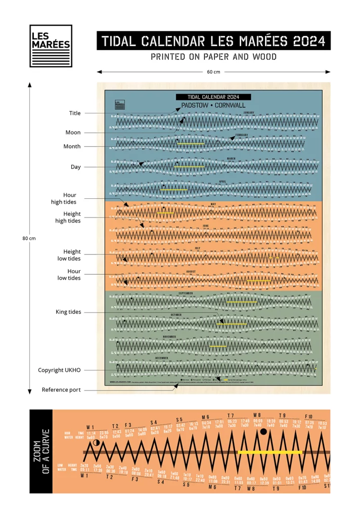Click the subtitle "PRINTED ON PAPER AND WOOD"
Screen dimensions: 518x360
[213, 57]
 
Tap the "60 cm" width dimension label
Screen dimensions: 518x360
[213, 72]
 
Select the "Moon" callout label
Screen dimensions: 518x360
[73, 133]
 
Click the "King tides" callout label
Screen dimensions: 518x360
[68, 312]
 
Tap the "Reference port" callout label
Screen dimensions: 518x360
[61, 390]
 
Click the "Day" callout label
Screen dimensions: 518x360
[75, 167]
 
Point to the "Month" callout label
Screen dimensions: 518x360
[72, 146]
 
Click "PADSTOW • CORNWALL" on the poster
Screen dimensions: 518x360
[213, 105]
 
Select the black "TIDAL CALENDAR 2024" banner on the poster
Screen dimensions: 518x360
[213, 97]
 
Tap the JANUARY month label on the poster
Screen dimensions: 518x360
[249, 112]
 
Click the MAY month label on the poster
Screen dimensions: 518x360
[213, 204]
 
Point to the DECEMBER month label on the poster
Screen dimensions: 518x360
[162, 358]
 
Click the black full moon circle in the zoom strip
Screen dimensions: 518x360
[263, 431]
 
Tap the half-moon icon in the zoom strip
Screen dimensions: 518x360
[97, 443]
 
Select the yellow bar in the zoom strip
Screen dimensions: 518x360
[270, 452]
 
